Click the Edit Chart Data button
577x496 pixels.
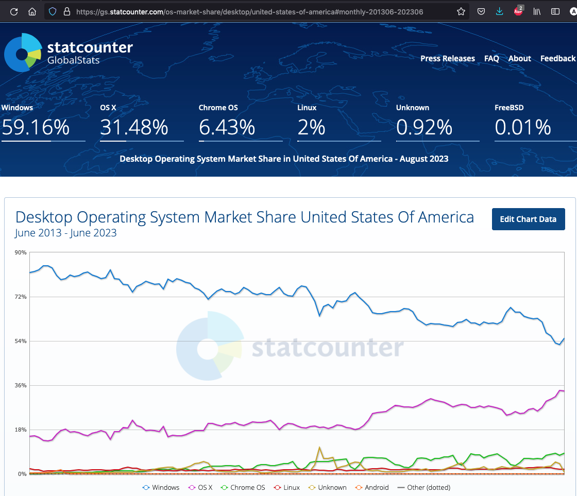coord(528,219)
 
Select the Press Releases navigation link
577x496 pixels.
coord(447,58)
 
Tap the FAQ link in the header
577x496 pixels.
coord(491,58)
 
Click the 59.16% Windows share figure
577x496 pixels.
coord(36,127)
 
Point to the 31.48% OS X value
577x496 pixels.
coord(134,127)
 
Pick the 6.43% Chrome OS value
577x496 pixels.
coord(227,127)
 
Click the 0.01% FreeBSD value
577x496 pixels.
coord(523,127)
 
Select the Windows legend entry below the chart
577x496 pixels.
coord(161,487)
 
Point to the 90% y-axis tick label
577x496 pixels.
coord(21,252)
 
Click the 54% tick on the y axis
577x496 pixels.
coord(21,341)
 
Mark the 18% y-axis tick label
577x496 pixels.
coord(21,430)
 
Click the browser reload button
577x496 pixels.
coord(14,11)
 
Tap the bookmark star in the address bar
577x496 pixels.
coord(461,11)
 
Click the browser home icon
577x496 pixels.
coord(32,11)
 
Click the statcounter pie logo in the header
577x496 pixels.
coord(23,53)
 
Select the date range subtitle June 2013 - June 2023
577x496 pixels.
coord(66,233)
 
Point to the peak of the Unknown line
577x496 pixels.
coord(320,448)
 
